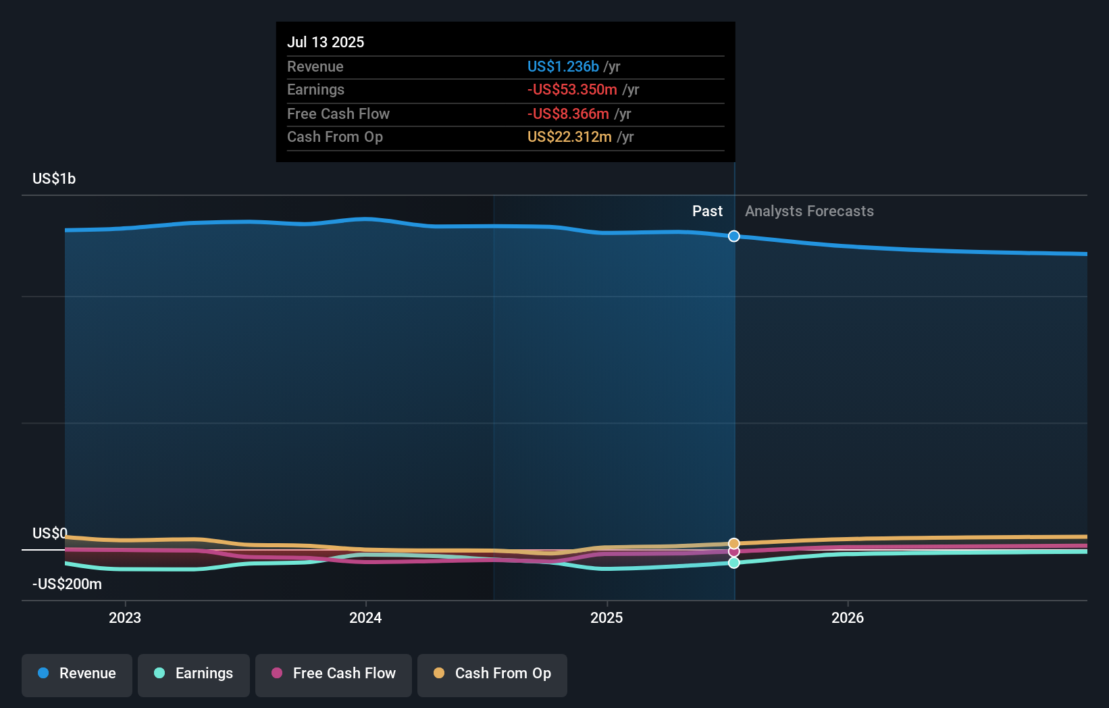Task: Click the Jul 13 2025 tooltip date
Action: click(326, 42)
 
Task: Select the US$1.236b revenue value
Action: click(563, 66)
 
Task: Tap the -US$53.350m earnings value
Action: click(572, 90)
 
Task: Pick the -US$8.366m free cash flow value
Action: click(568, 113)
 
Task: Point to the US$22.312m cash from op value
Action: click(569, 137)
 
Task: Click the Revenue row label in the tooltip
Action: click(315, 66)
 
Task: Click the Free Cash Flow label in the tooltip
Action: click(338, 113)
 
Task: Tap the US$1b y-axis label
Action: click(54, 178)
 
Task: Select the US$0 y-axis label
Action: click(49, 533)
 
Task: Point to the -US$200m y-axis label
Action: click(67, 584)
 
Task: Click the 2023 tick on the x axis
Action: click(125, 617)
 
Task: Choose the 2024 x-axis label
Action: click(365, 617)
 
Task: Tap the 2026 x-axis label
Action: click(847, 617)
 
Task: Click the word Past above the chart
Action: click(707, 211)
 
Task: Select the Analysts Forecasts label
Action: click(809, 211)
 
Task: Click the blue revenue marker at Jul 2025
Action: click(734, 236)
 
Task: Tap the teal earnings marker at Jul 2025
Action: click(734, 563)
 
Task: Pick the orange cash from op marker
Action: click(734, 543)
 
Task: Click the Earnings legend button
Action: click(194, 674)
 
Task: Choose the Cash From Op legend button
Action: click(492, 674)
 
